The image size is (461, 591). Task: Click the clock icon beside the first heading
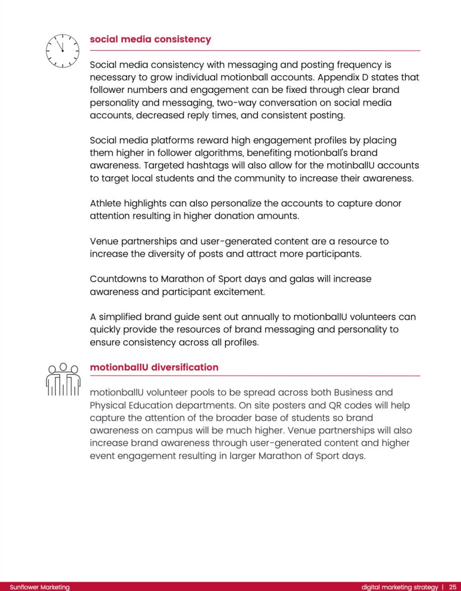[x=63, y=51]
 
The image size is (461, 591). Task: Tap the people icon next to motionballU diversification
[x=63, y=379]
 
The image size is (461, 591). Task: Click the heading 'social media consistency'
[x=150, y=39]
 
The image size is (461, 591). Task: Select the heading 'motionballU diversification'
[x=154, y=367]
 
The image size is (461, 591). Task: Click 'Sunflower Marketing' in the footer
[x=40, y=587]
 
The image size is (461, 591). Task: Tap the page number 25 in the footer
[x=452, y=587]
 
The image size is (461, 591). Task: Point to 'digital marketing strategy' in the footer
[x=400, y=587]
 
